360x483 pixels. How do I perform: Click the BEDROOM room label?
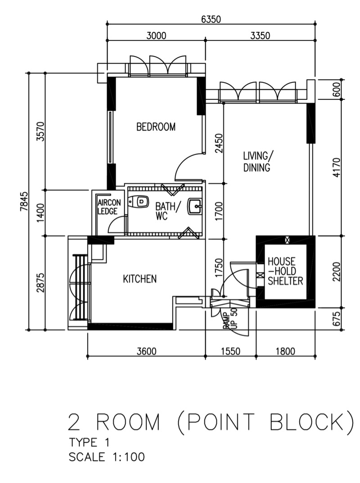click(156, 127)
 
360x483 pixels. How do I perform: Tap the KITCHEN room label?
click(140, 279)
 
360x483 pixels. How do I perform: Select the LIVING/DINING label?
click(256, 162)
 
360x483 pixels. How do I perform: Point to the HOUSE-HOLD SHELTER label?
click(285, 271)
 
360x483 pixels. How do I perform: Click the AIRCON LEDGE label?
click(108, 207)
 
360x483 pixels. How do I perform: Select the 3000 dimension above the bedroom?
click(156, 36)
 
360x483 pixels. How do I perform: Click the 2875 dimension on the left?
click(40, 283)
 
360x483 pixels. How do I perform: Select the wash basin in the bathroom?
click(194, 207)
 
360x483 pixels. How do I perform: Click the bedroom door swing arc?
click(185, 164)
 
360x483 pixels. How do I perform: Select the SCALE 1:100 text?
click(107, 457)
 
